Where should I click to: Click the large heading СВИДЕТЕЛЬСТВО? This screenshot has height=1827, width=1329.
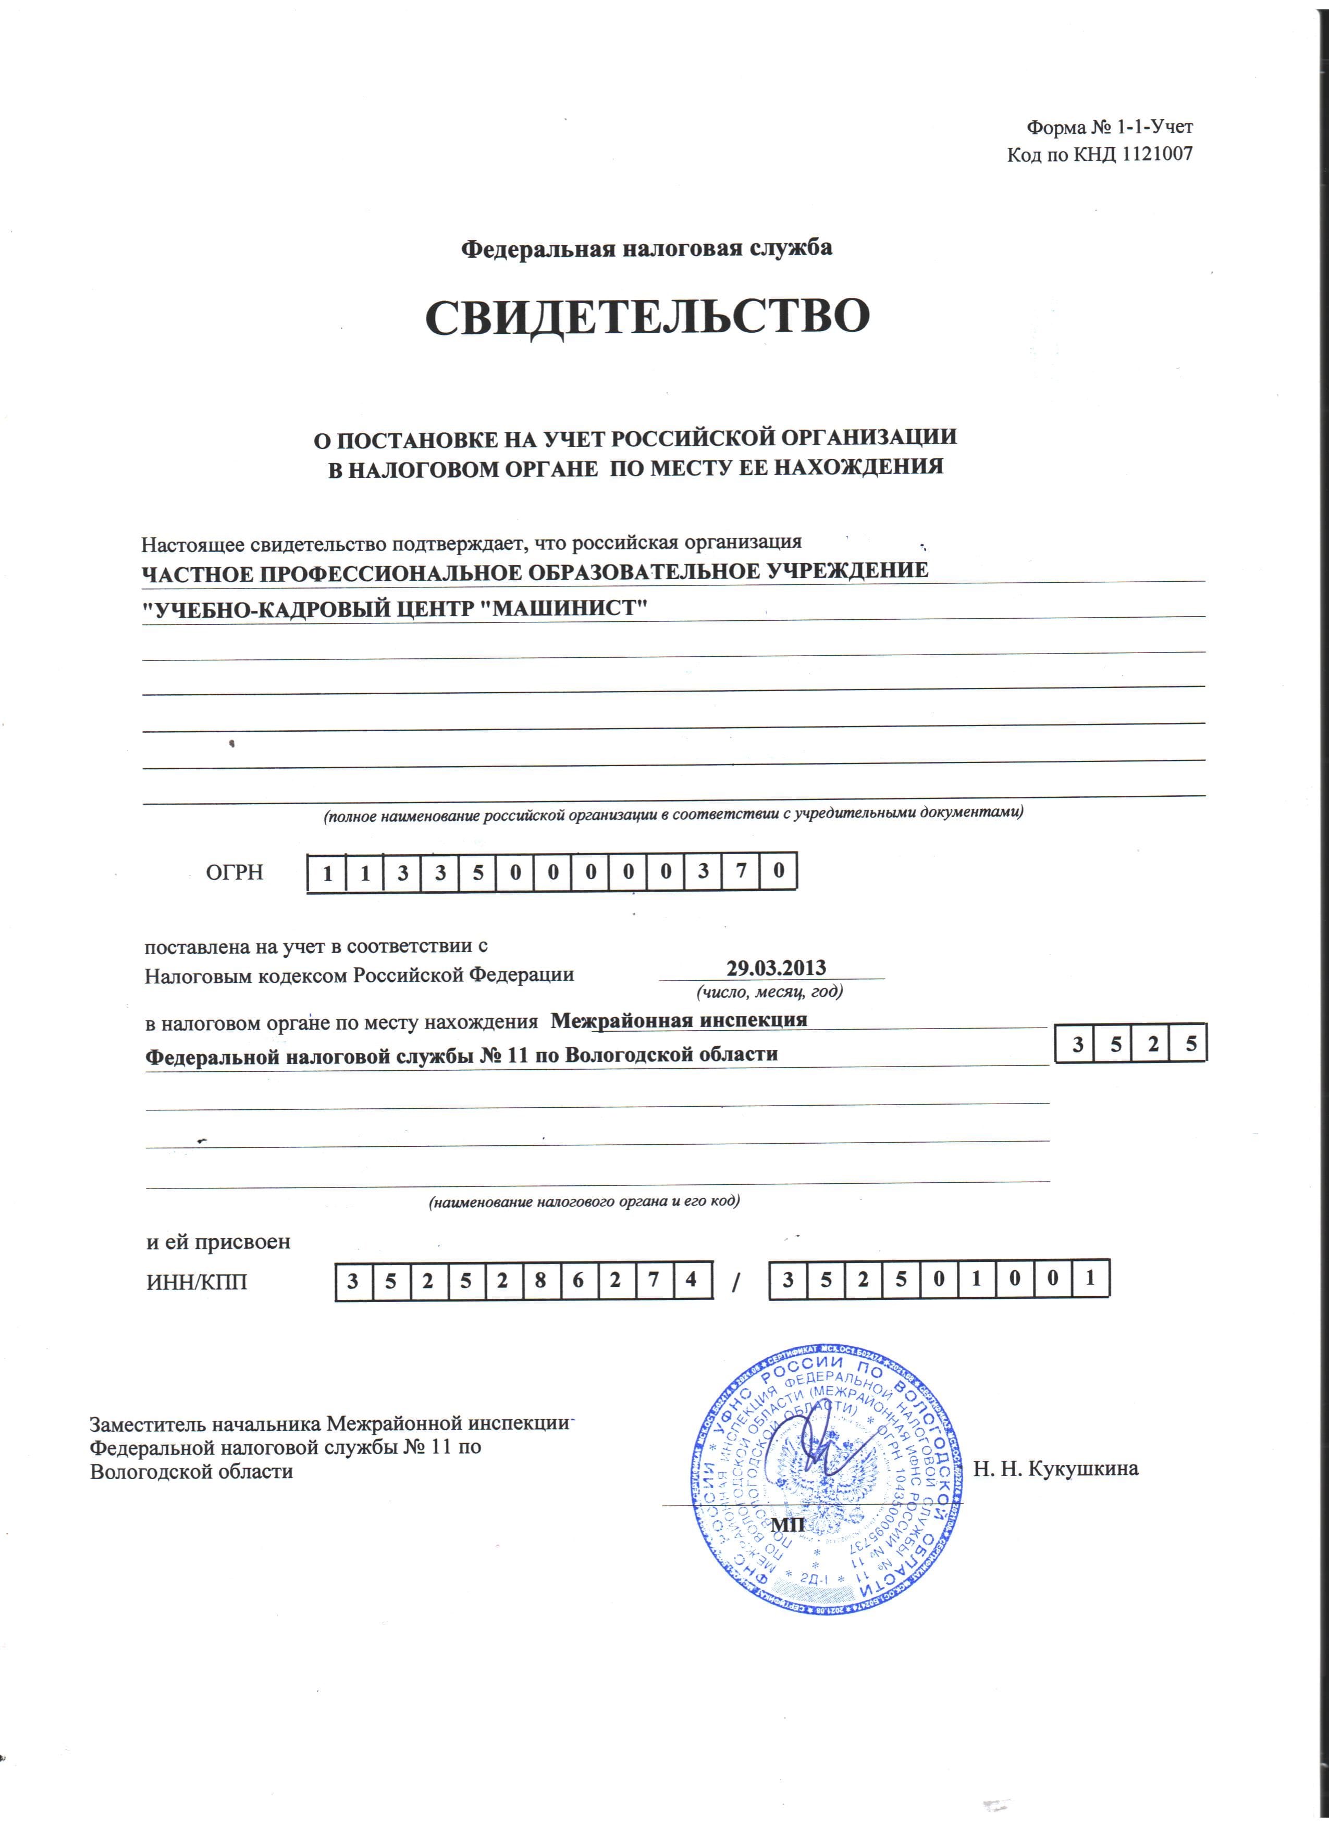pos(647,317)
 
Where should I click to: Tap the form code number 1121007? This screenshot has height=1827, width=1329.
pos(1156,154)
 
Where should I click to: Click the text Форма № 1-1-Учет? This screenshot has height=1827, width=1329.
pos(1109,127)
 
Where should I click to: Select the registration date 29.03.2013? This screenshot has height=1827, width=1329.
pos(776,968)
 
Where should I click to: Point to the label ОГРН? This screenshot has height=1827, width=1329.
pos(235,872)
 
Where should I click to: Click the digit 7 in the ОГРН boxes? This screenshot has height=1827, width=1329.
pos(740,872)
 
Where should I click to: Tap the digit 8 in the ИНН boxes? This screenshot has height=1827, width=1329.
pos(540,1281)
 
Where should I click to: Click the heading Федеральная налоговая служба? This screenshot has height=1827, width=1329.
pos(646,248)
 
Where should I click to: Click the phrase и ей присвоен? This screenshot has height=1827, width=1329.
pos(218,1242)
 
